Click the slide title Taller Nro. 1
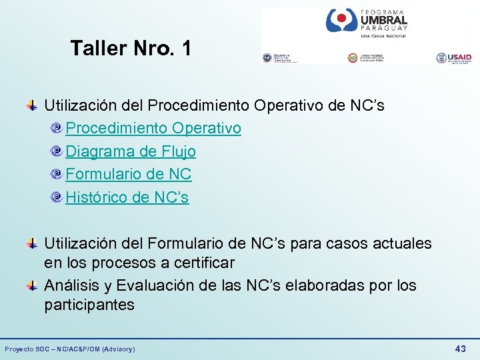[131, 48]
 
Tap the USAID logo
[453, 58]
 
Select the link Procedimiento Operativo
[153, 128]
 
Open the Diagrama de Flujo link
[131, 151]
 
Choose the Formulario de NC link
[129, 175]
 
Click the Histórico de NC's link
[127, 197]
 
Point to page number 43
[460, 349]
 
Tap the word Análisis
[72, 286]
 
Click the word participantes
[89, 305]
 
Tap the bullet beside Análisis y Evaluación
[31, 285]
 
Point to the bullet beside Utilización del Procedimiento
[31, 105]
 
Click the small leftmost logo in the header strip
[280, 58]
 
